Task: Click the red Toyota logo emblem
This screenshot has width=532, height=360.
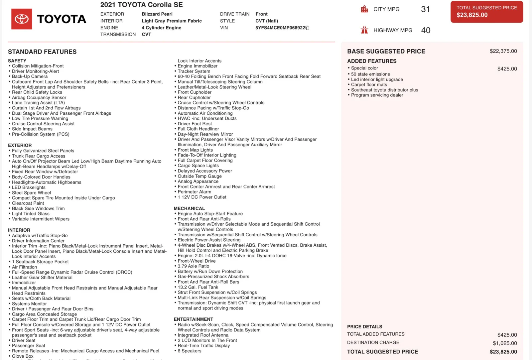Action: (x=22, y=19)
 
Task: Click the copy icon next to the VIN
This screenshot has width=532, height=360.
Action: (x=308, y=28)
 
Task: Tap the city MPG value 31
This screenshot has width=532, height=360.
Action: (x=425, y=9)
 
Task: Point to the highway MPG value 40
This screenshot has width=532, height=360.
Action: (x=426, y=30)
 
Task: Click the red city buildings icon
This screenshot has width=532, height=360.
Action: (x=364, y=9)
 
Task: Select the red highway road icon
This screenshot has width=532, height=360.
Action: (x=364, y=30)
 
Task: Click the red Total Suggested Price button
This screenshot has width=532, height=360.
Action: (x=486, y=12)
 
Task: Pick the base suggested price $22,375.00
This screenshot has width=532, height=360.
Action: (x=503, y=51)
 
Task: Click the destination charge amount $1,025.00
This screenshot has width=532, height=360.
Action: (x=505, y=343)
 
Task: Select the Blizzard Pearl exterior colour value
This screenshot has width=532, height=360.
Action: (x=157, y=14)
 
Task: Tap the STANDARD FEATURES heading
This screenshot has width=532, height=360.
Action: (x=42, y=52)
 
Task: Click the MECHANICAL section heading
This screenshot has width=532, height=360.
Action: (x=189, y=208)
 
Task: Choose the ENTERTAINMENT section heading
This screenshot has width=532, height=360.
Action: (x=193, y=319)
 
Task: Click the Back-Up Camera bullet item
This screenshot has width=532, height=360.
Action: (x=30, y=76)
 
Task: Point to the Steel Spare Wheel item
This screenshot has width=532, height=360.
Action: (x=31, y=193)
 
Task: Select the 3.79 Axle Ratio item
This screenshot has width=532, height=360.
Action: (x=193, y=266)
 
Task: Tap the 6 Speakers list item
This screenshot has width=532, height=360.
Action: (x=189, y=351)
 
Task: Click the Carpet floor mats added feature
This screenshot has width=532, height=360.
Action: (x=369, y=85)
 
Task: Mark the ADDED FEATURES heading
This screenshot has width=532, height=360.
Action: (x=372, y=61)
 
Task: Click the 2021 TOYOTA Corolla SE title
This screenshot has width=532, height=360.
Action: (x=141, y=5)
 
